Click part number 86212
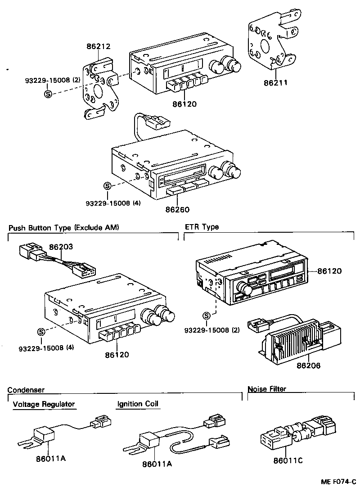(x=99, y=46)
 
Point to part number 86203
(x=61, y=247)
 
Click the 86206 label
(x=308, y=366)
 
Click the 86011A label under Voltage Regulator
(x=51, y=459)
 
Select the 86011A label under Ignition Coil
(x=157, y=464)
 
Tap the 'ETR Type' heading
(x=202, y=227)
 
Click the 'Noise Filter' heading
(x=267, y=389)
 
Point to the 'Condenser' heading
(x=26, y=390)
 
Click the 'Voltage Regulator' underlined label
(x=44, y=404)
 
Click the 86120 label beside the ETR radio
(x=329, y=271)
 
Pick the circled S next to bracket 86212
(x=48, y=94)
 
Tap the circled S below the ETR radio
(x=207, y=316)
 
